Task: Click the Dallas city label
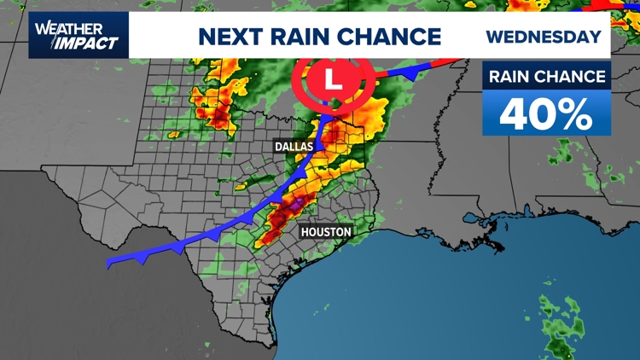(x=294, y=147)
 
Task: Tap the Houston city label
(x=326, y=231)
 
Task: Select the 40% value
(x=546, y=113)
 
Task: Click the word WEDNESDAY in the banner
(x=544, y=37)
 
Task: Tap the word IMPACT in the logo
(x=89, y=43)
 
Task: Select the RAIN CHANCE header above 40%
(x=547, y=77)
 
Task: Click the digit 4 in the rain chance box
(x=516, y=113)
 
